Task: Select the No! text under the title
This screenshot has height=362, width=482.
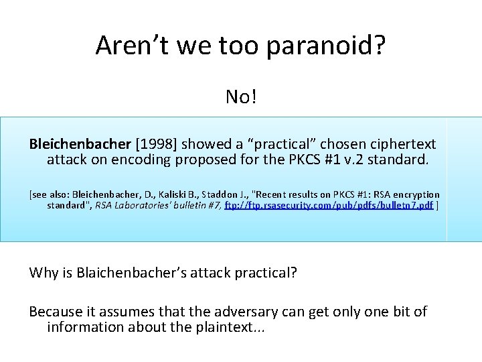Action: point(241,97)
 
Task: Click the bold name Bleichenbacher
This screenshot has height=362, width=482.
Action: point(80,144)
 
